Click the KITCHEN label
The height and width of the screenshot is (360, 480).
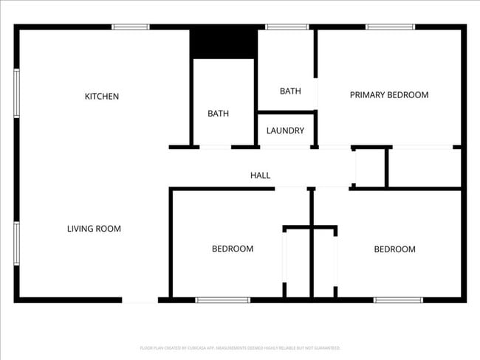[102, 97]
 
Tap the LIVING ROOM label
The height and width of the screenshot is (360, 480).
[94, 229]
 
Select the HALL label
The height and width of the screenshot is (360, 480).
[260, 176]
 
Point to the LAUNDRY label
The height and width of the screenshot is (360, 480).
[285, 131]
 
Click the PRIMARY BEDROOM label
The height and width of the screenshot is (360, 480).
[389, 94]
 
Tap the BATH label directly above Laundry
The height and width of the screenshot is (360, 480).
[290, 91]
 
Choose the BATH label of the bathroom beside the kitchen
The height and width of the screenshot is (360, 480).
[218, 114]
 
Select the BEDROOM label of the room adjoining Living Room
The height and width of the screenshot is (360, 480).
[233, 249]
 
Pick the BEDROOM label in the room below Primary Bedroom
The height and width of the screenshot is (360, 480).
[394, 249]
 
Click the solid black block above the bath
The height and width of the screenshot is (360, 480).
[223, 43]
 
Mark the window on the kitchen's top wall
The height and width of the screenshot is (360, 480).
[131, 27]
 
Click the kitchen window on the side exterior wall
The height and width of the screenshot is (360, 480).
[16, 94]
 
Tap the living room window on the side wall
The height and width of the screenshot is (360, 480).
[16, 243]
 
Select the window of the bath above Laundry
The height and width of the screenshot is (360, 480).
[287, 27]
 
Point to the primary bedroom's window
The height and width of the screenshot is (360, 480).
[390, 27]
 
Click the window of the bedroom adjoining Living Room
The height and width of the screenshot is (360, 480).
[222, 300]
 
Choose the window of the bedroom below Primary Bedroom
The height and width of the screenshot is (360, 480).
[398, 300]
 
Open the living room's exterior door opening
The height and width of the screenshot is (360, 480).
[140, 300]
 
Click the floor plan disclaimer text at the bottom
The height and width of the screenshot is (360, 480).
[240, 347]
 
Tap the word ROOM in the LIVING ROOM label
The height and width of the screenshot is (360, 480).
[109, 229]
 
